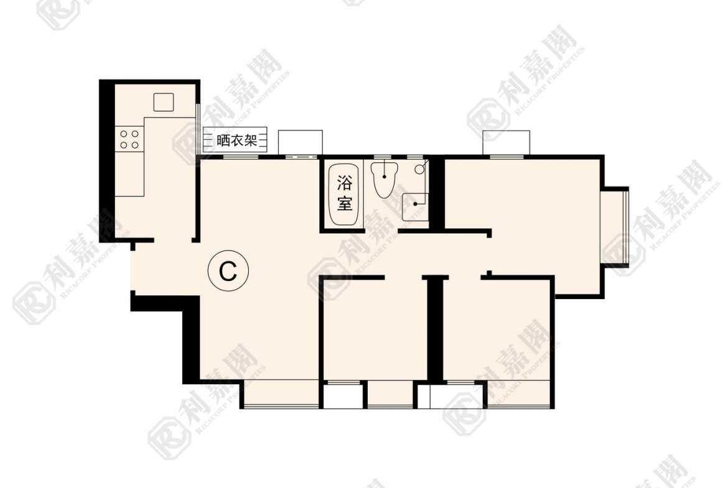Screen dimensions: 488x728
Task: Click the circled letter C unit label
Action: coord(228,271)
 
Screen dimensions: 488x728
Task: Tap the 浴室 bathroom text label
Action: coord(344,193)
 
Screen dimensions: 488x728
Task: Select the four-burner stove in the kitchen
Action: coord(129,139)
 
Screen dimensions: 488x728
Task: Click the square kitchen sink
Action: coord(164,102)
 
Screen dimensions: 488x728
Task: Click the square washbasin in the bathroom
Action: coord(414,206)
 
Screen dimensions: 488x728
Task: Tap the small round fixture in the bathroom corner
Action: coord(420,168)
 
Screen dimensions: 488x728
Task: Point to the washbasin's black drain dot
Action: coord(414,203)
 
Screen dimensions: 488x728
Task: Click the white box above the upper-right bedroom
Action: coord(506,142)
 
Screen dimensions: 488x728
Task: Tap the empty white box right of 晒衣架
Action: coord(300,141)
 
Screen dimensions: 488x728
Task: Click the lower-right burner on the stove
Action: coord(134,144)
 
